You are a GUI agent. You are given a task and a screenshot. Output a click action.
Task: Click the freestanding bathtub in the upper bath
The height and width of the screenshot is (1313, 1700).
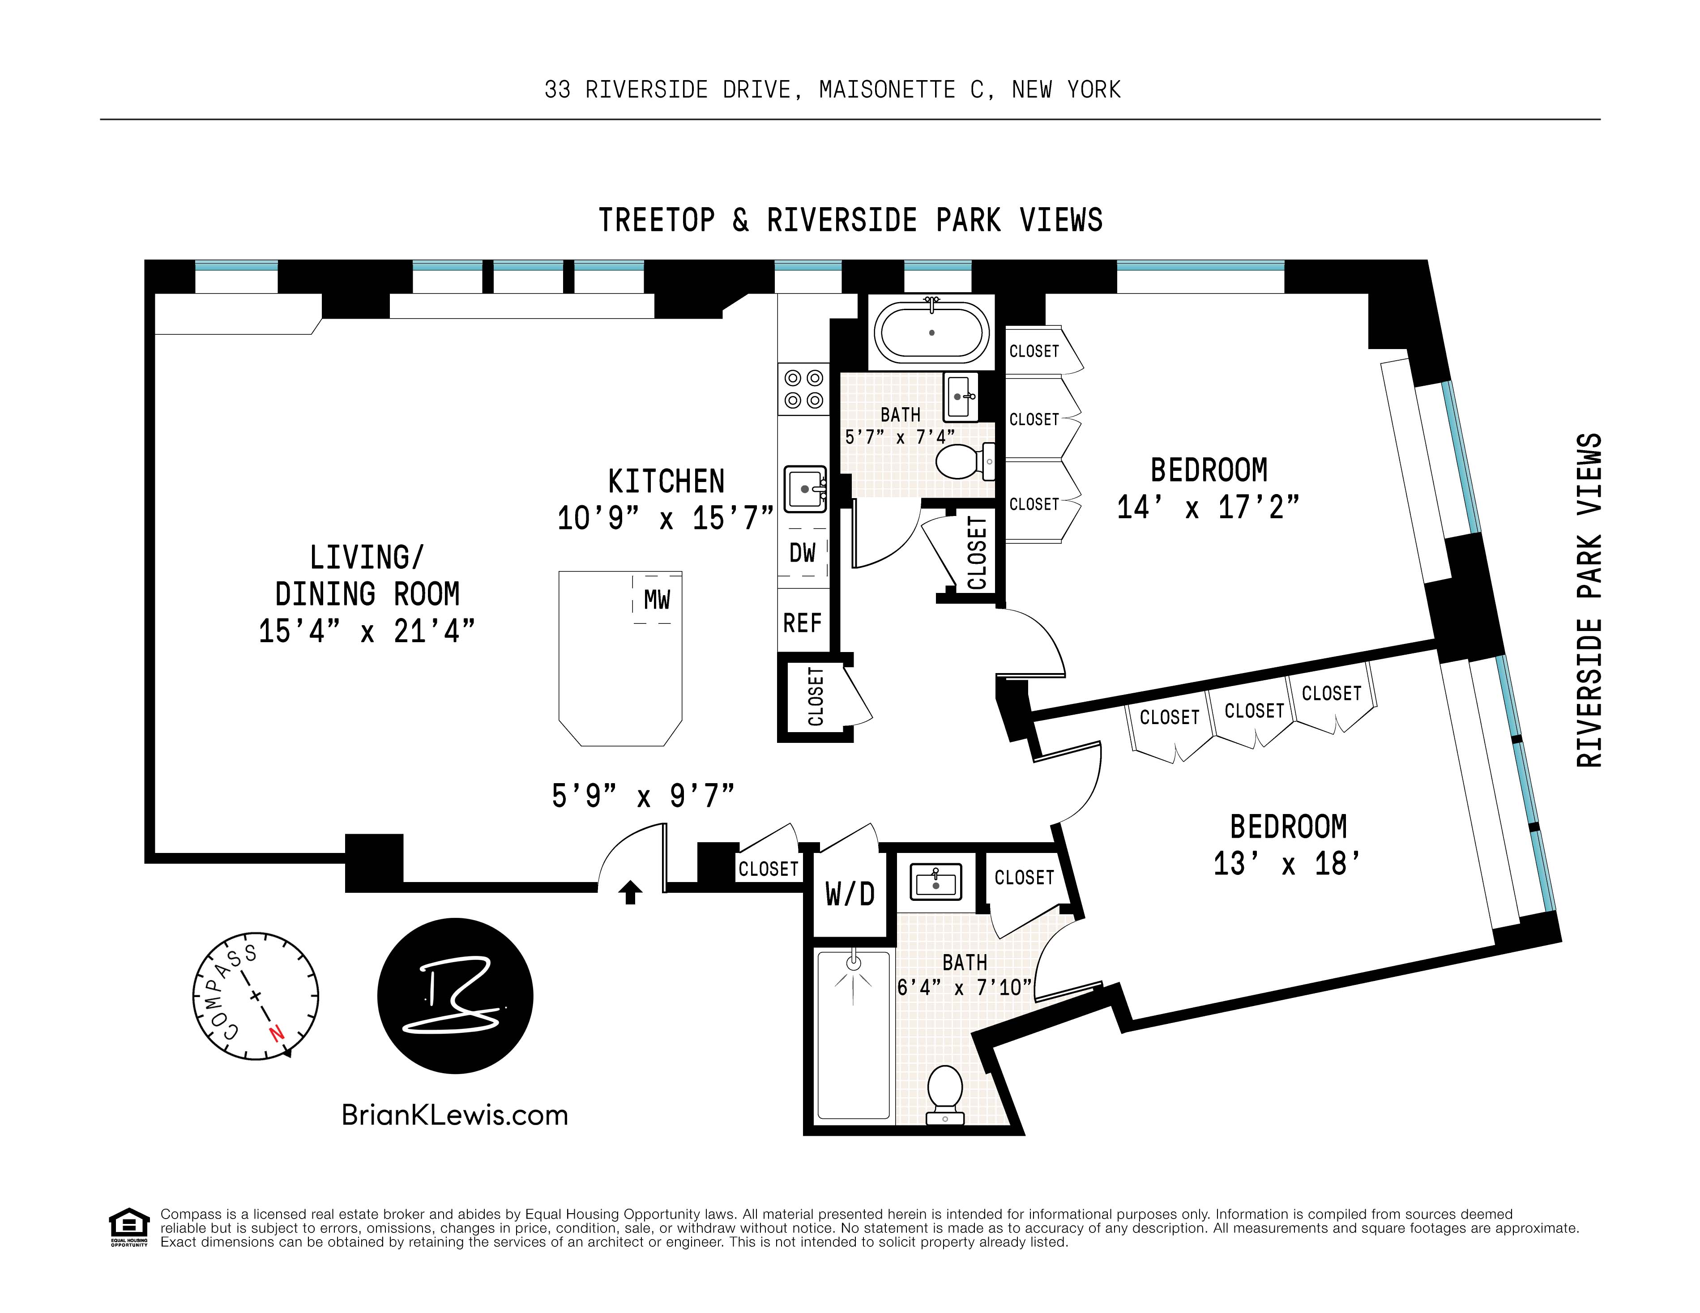[932, 333]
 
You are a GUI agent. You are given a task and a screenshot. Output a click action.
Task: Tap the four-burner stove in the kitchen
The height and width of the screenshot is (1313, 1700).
[804, 389]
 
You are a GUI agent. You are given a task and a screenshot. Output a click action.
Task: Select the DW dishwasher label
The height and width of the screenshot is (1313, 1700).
[803, 553]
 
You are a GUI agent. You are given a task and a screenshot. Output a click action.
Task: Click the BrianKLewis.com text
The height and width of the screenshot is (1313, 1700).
[455, 1115]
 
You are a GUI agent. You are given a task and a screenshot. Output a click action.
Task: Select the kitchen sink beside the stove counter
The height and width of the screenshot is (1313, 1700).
[805, 489]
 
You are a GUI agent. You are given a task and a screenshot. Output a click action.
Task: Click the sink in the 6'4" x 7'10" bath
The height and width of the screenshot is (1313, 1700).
[935, 882]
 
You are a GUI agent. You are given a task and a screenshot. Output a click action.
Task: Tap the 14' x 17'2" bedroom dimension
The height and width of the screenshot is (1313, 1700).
[1208, 507]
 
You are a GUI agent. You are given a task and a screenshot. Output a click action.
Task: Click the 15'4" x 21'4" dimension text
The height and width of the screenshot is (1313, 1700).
[367, 631]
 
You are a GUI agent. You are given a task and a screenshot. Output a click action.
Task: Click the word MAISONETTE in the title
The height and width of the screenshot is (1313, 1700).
[887, 90]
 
